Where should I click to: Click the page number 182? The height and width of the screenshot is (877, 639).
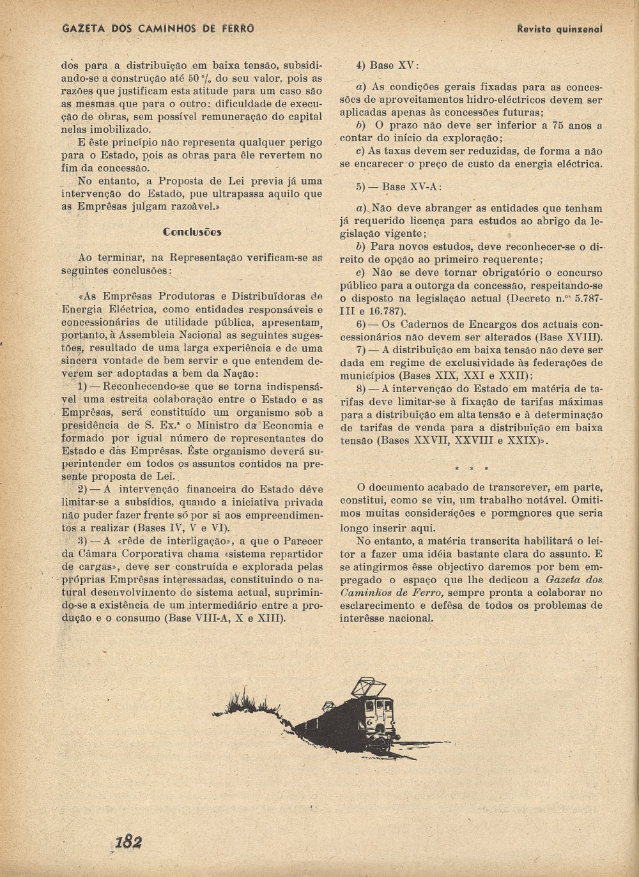[128, 841]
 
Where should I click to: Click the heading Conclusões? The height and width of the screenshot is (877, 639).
[192, 232]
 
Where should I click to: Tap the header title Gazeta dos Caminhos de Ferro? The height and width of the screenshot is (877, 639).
[158, 28]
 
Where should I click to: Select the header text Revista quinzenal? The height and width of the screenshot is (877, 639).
[560, 29]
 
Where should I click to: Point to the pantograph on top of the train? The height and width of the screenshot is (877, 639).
[371, 688]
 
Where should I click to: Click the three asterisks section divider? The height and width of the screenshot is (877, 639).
[471, 469]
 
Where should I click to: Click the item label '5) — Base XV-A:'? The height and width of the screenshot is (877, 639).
[399, 187]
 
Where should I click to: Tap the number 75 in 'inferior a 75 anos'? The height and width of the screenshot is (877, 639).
[557, 126]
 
